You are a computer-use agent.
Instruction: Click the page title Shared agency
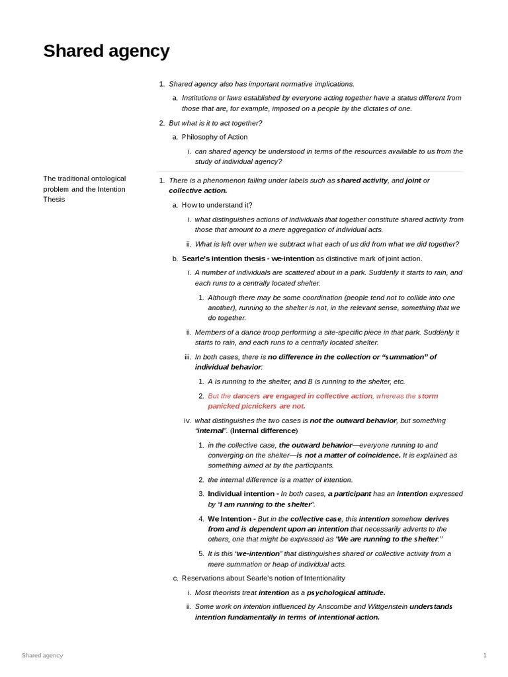[106, 51]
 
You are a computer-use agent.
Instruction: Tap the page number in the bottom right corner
[485, 655]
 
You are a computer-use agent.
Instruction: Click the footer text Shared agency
[42, 655]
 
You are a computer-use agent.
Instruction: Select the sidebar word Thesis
[54, 199]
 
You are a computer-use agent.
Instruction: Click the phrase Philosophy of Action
[214, 137]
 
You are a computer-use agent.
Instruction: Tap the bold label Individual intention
[241, 494]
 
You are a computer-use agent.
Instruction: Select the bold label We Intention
[230, 519]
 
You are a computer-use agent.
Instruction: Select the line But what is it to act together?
[215, 123]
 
